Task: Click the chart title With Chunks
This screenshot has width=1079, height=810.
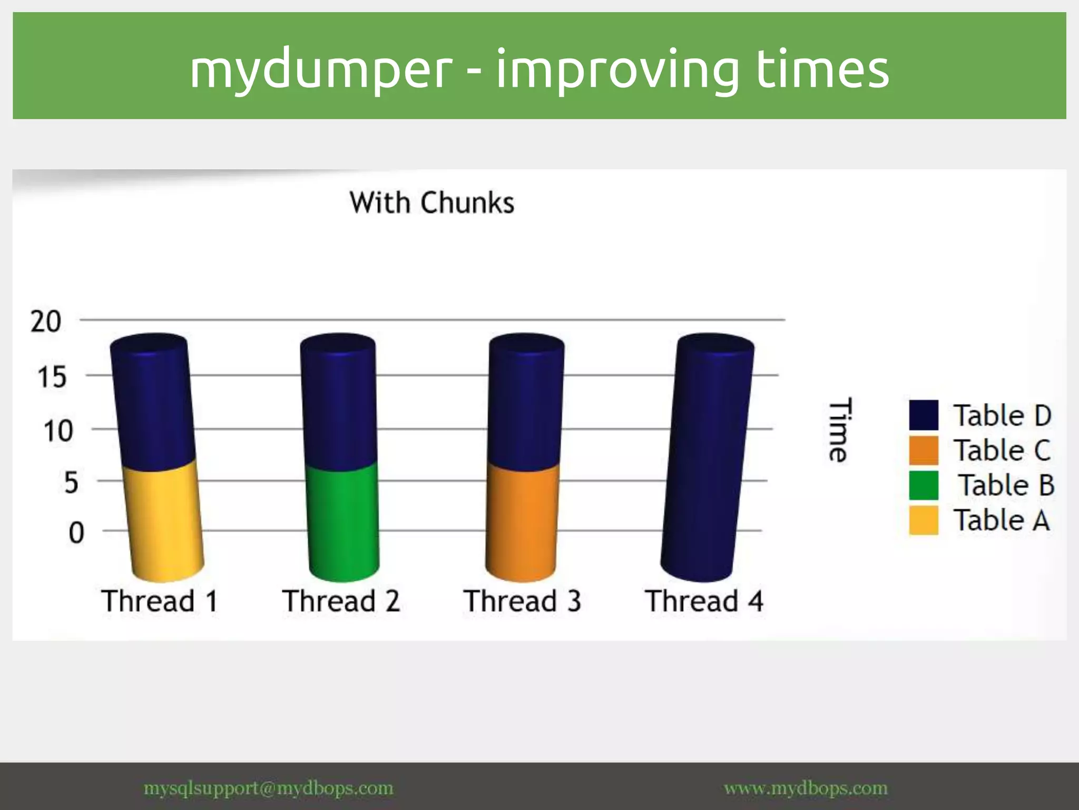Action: pos(431,202)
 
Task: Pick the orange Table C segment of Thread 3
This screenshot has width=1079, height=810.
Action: pos(522,519)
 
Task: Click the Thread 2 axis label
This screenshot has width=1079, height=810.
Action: pos(341,601)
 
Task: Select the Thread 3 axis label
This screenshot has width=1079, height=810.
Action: pos(522,601)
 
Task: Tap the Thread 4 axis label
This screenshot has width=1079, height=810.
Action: pos(704,601)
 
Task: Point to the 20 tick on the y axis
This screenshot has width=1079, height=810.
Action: pos(46,321)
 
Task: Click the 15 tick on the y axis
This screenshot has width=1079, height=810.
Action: pos(52,377)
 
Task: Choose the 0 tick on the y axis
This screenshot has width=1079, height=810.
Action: pos(76,533)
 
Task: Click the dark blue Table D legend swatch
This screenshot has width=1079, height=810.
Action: pos(923,415)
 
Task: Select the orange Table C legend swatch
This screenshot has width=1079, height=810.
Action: pos(923,450)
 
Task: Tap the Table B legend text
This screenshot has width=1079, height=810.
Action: pos(1006,485)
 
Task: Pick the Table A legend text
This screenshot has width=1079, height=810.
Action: pos(1002,520)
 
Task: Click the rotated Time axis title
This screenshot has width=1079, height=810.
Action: pos(839,430)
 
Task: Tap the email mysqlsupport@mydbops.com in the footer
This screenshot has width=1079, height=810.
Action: pos(268,788)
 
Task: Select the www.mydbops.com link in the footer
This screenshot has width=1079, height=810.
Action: pos(806,788)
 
